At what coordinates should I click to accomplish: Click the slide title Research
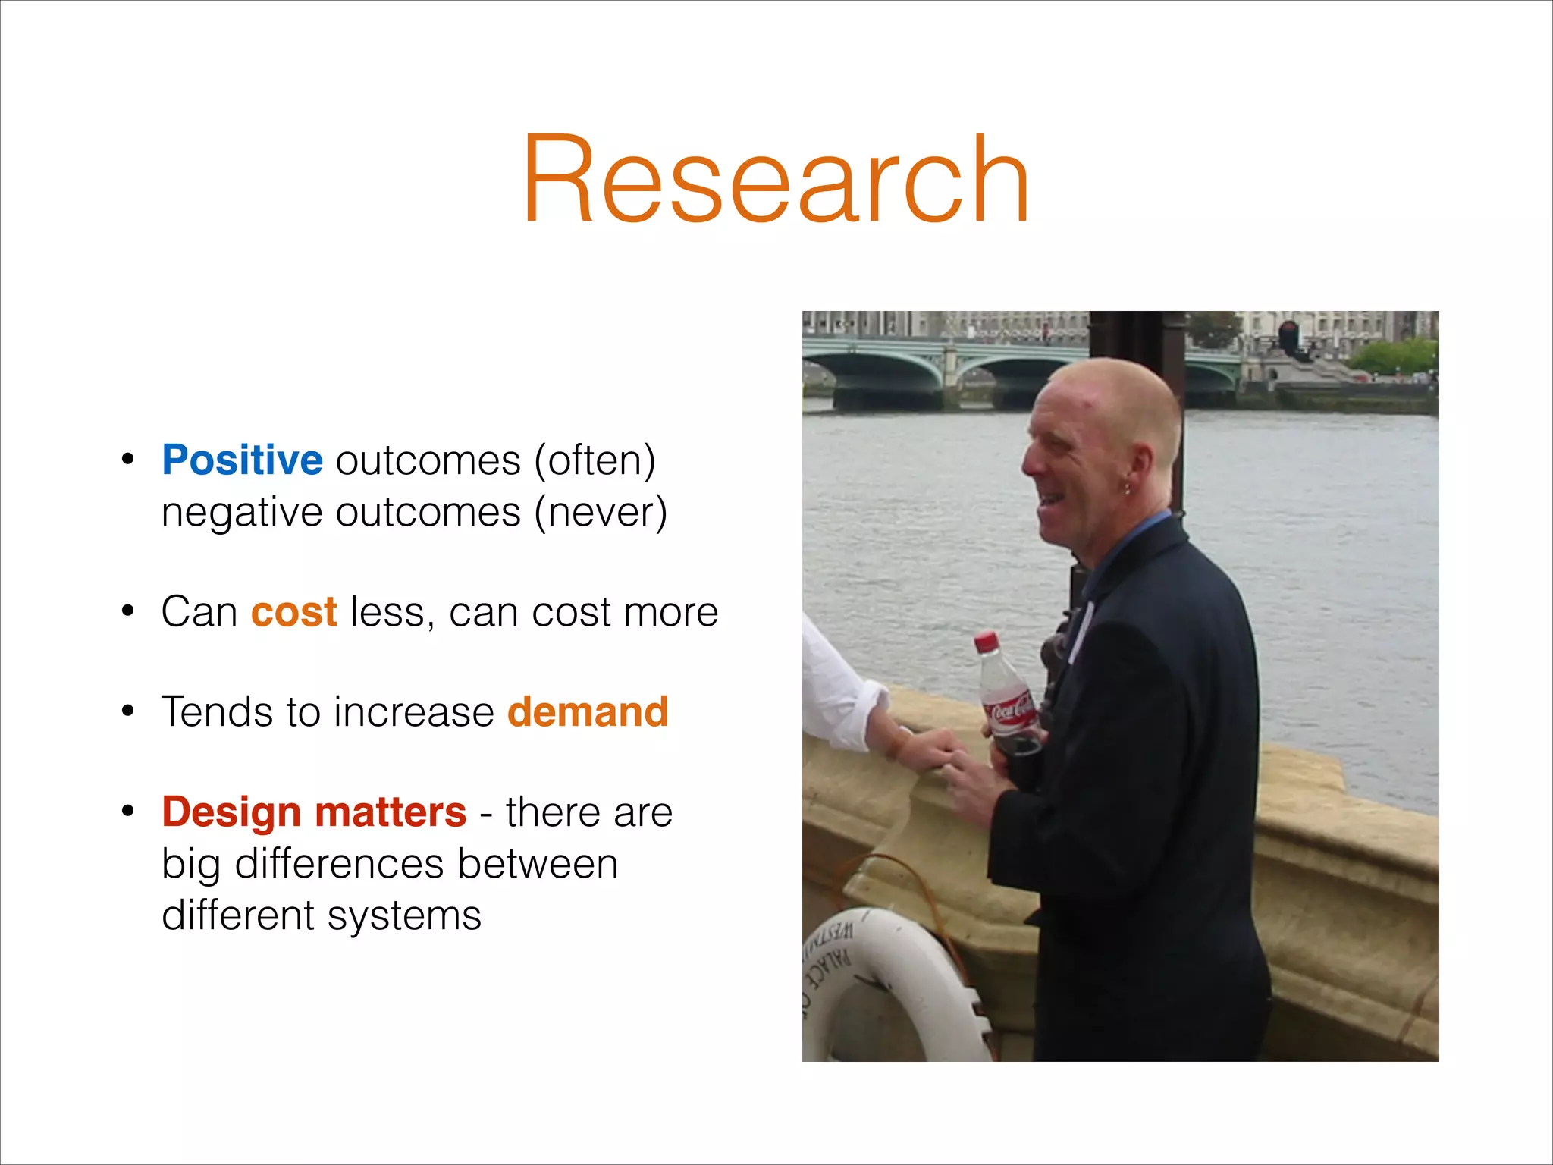pos(775,181)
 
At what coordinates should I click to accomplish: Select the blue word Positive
pos(242,460)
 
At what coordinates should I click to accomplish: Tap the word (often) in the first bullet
pos(595,460)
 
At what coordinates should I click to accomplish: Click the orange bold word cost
pos(293,612)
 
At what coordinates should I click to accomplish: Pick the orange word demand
pos(588,712)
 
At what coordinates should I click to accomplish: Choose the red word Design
pos(231,812)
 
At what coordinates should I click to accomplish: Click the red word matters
pos(391,812)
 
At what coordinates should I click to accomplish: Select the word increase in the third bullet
pos(413,712)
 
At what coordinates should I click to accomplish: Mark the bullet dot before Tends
pos(128,711)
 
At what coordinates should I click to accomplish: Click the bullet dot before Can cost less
pos(128,611)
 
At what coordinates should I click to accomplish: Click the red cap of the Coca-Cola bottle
pos(987,642)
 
